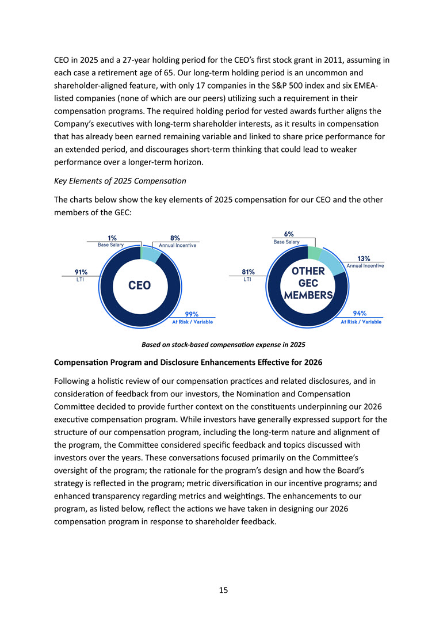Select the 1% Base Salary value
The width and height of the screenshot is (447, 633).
pyautogui.click(x=112, y=238)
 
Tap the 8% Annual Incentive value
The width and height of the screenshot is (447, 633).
pyautogui.click(x=175, y=238)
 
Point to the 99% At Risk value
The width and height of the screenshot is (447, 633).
pyautogui.click(x=192, y=314)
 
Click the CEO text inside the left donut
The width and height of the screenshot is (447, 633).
pyautogui.click(x=139, y=285)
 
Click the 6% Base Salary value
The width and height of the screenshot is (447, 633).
pyautogui.click(x=289, y=234)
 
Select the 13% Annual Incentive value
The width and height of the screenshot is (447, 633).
pyautogui.click(x=364, y=258)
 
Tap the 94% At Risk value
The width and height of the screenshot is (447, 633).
pyautogui.click(x=360, y=314)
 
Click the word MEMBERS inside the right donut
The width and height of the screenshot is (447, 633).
pyautogui.click(x=308, y=296)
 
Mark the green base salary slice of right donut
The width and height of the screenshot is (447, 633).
pyautogui.click(x=314, y=253)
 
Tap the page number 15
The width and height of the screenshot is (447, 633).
pyautogui.click(x=223, y=590)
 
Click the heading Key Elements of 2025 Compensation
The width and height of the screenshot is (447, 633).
pyautogui.click(x=120, y=181)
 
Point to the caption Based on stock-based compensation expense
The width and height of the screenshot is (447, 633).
pyautogui.click(x=223, y=345)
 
